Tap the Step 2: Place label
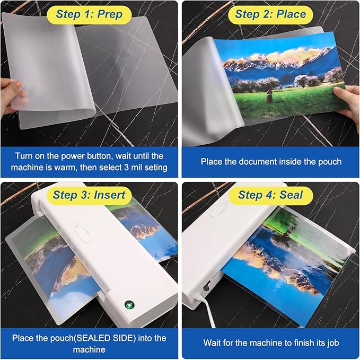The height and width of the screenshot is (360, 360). (270, 14)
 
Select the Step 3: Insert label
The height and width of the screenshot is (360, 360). (90, 195)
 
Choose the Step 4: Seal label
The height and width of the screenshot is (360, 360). (270, 195)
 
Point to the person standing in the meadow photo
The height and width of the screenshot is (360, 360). (269, 96)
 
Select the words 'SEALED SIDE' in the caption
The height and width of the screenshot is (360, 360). (100, 338)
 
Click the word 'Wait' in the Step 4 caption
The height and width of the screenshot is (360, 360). (214, 343)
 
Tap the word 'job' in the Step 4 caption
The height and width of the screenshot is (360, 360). (330, 343)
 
